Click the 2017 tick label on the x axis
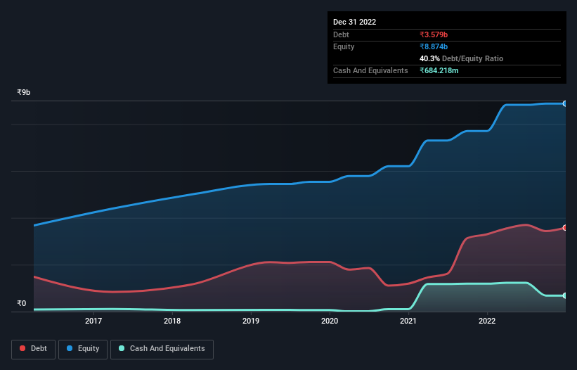tap(93, 321)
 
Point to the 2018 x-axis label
tap(172, 321)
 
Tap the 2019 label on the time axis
tap(251, 321)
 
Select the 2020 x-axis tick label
tap(330, 321)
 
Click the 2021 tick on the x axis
tap(408, 321)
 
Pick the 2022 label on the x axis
tap(487, 321)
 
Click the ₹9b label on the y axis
tap(24, 93)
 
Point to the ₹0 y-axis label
tap(21, 304)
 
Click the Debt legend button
tap(33, 349)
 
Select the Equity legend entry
tap(83, 349)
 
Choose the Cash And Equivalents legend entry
tap(162, 349)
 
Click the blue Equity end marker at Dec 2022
tap(564, 103)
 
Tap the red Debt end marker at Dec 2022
tap(564, 228)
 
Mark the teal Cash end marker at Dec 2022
tap(564, 295)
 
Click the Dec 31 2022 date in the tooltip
tap(354, 22)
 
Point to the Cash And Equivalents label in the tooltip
tap(370, 70)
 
